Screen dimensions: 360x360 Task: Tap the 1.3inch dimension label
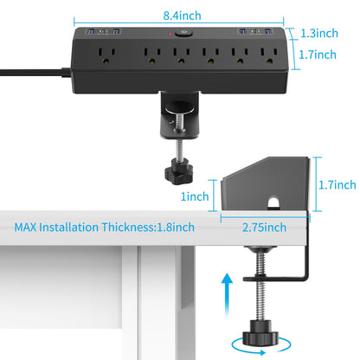314,34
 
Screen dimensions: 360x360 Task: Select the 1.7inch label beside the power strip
314,55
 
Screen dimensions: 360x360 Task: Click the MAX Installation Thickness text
104,228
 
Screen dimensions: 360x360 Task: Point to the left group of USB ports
100,33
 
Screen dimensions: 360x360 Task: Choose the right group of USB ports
256,34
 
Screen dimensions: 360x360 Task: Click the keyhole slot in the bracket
275,204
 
